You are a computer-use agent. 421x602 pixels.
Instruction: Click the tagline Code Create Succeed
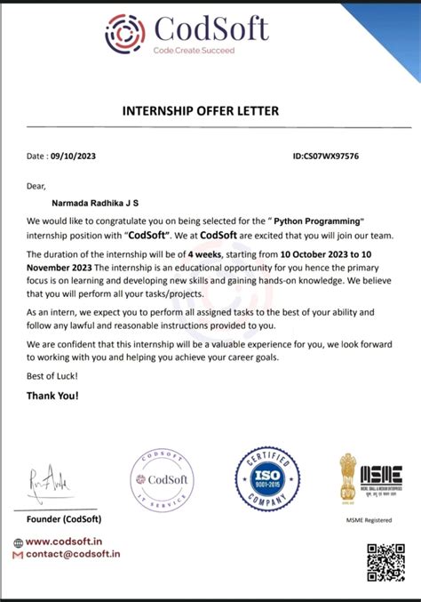click(x=194, y=51)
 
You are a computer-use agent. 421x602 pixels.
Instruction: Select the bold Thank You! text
click(x=52, y=394)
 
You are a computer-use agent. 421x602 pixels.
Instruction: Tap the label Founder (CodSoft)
click(x=64, y=518)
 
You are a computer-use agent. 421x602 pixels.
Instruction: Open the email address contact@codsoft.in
click(x=73, y=553)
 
